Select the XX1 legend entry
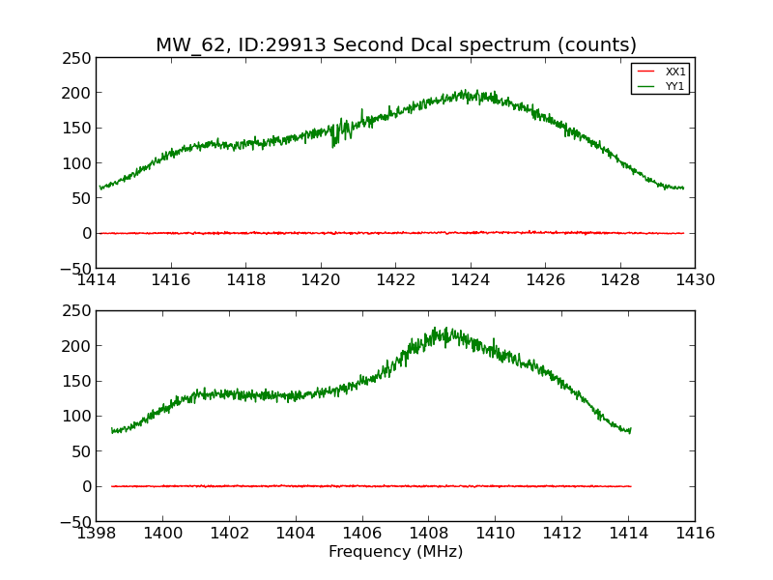click(x=674, y=72)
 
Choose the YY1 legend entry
click(x=674, y=86)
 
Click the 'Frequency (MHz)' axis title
click(x=395, y=552)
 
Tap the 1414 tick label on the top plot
click(x=96, y=280)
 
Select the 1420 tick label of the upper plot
click(x=321, y=280)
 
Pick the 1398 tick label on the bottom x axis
click(x=96, y=534)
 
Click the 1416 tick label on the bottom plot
click(x=695, y=534)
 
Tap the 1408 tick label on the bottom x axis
click(x=428, y=534)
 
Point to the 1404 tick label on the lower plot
click(x=295, y=534)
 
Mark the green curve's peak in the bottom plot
click(x=436, y=329)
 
